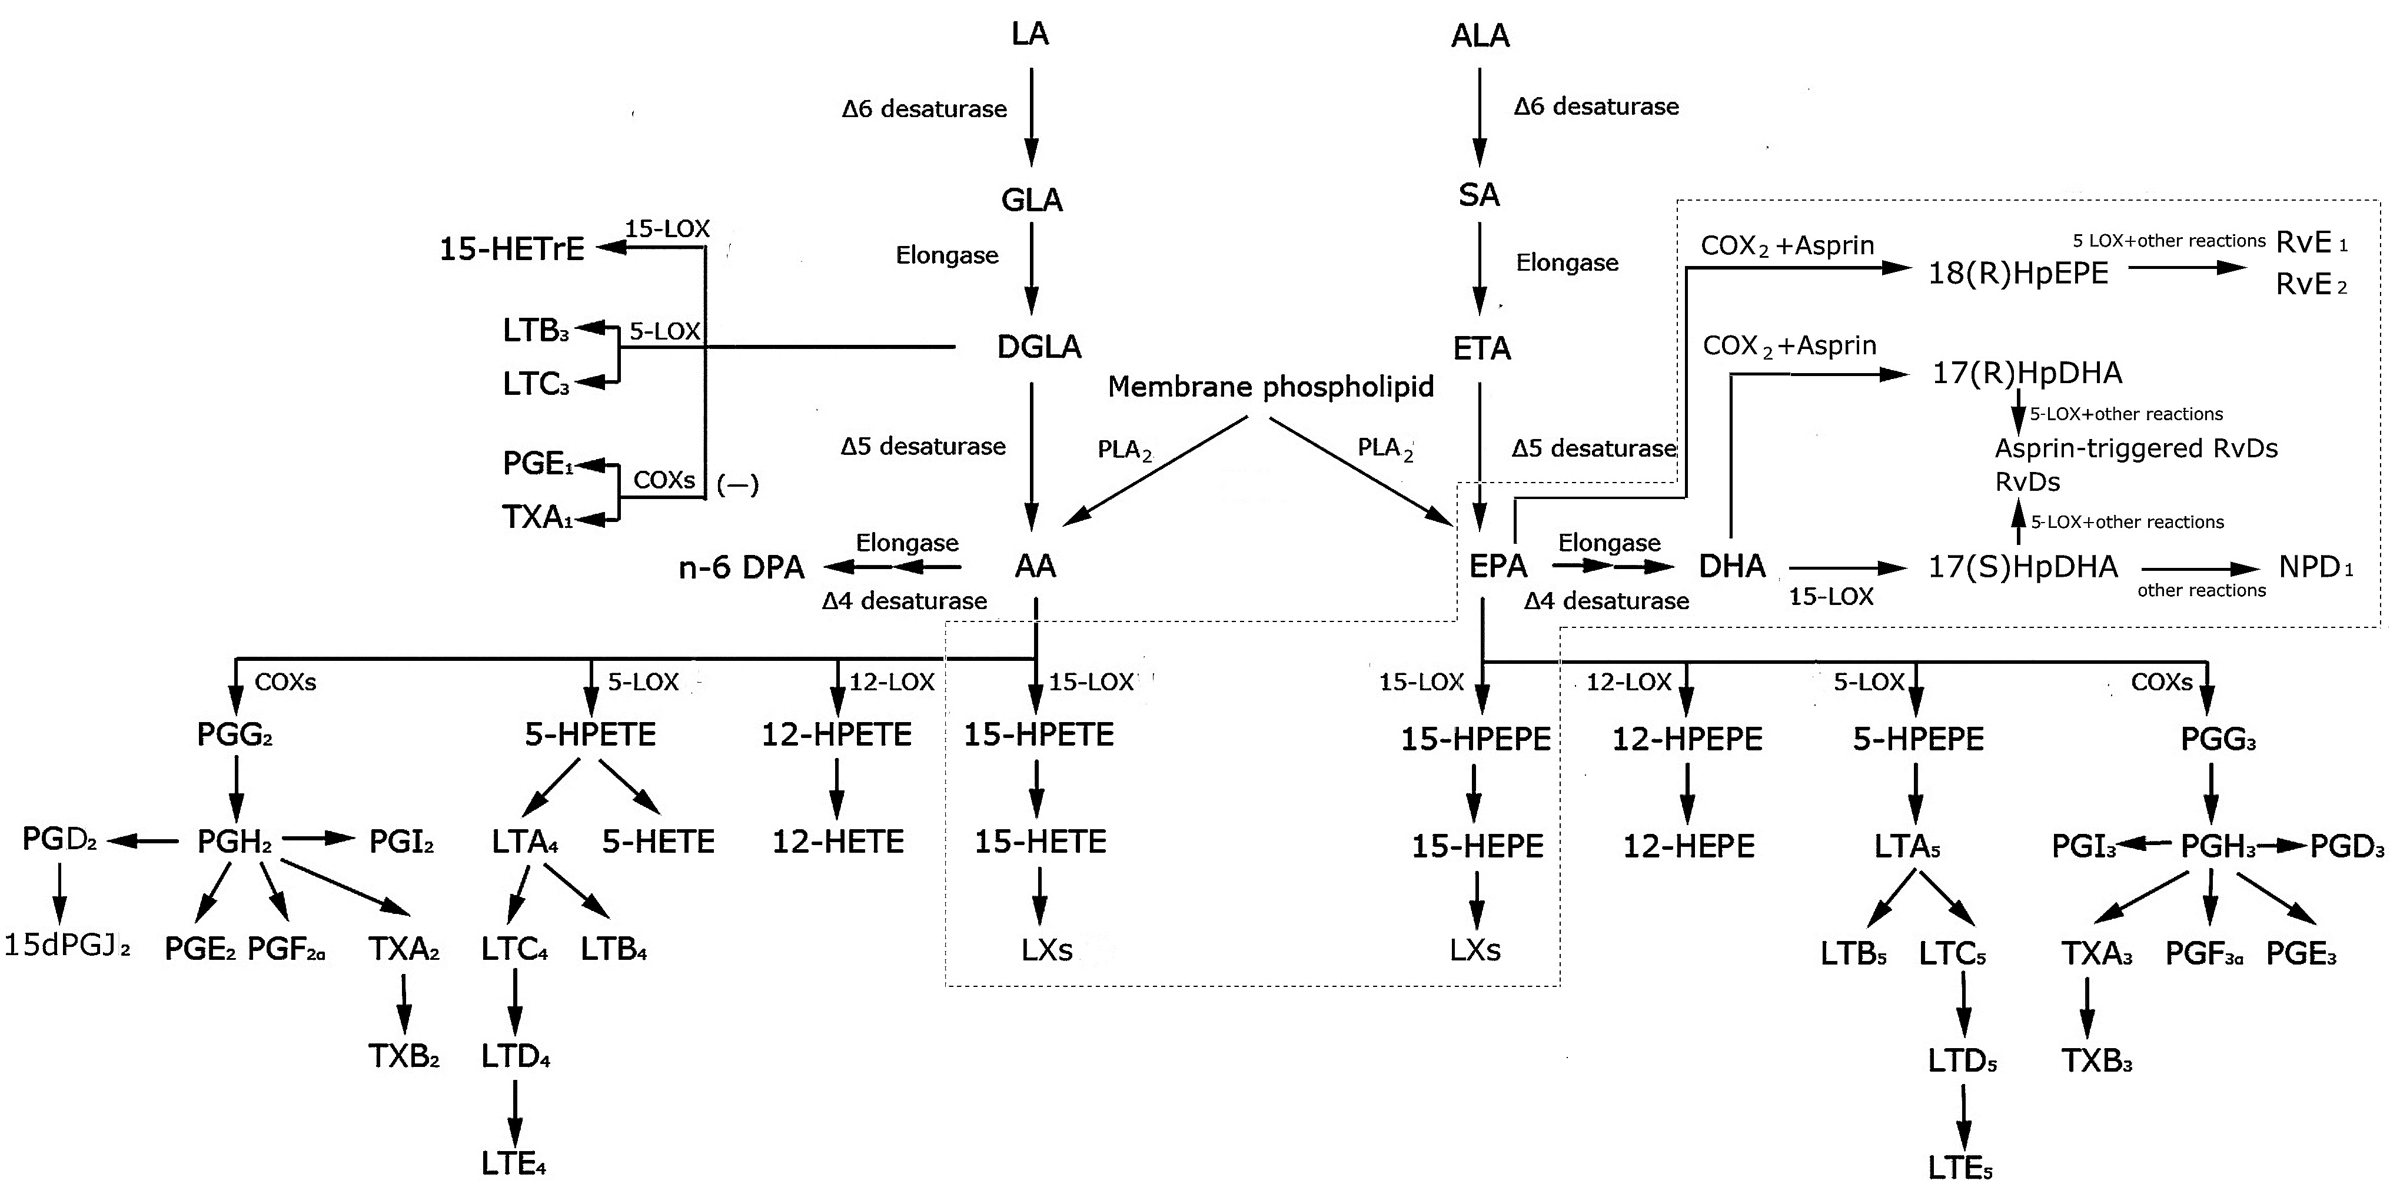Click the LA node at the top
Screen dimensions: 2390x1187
[x=1030, y=34]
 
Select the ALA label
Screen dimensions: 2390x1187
[x=1480, y=36]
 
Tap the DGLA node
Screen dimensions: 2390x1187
[x=1039, y=347]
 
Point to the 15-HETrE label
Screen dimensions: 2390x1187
[x=512, y=250]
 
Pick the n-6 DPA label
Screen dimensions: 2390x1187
[x=742, y=567]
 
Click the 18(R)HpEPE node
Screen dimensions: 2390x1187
[x=2018, y=273]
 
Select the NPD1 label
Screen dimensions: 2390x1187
[x=2316, y=567]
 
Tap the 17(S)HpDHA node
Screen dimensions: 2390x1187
[x=2023, y=567]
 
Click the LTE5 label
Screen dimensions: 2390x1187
[x=1960, y=1168]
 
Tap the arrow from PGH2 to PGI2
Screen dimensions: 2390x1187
[x=319, y=840]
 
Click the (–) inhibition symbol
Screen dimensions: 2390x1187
[x=737, y=484]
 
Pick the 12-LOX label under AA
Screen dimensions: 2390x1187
[x=892, y=682]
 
